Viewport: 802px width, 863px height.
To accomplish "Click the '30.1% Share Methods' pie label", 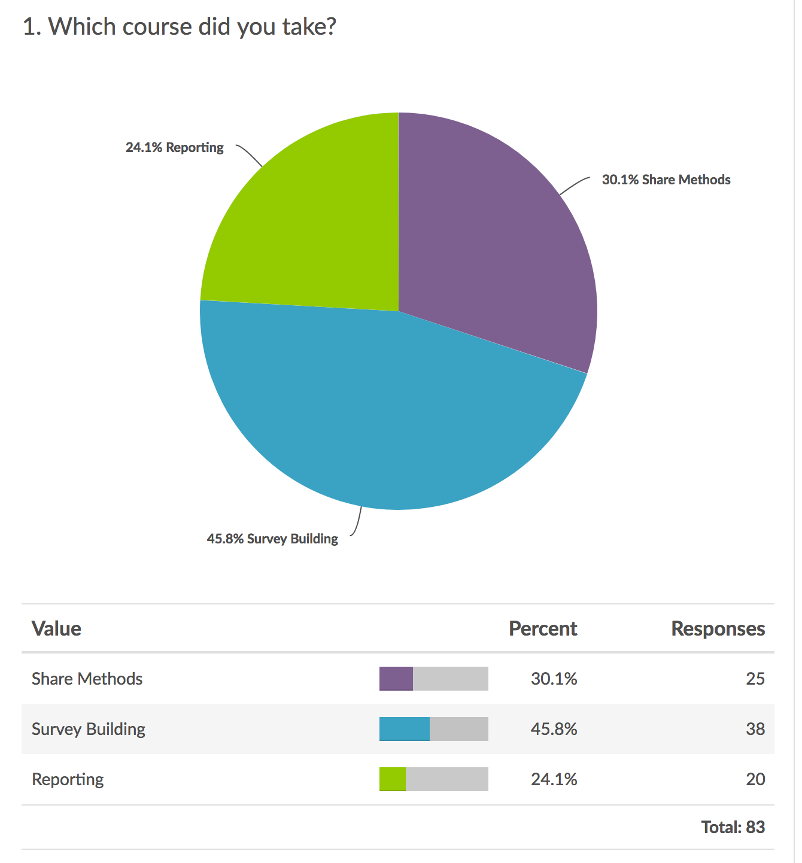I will [666, 180].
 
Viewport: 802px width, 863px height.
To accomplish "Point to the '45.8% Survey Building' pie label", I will [272, 539].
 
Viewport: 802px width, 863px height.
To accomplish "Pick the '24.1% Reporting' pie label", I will [174, 147].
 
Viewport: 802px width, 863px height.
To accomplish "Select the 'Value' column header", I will [56, 628].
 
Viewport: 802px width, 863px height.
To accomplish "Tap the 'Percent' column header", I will [542, 628].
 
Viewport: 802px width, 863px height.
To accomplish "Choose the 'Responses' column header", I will [718, 628].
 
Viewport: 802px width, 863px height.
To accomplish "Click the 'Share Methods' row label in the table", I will [87, 679].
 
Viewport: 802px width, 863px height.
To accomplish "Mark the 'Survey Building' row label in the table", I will [89, 729].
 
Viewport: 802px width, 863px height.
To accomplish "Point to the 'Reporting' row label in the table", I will [68, 779].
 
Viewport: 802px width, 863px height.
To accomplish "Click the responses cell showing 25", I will [755, 679].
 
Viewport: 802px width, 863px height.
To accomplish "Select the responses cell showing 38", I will [755, 729].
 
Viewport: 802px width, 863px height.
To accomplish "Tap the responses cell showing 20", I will [755, 779].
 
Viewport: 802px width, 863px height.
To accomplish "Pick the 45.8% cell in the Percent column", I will [554, 729].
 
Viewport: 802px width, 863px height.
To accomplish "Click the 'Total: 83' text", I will [733, 827].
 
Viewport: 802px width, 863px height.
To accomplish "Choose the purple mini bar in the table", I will [396, 679].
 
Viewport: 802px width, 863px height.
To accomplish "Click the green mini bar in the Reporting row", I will [393, 779].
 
